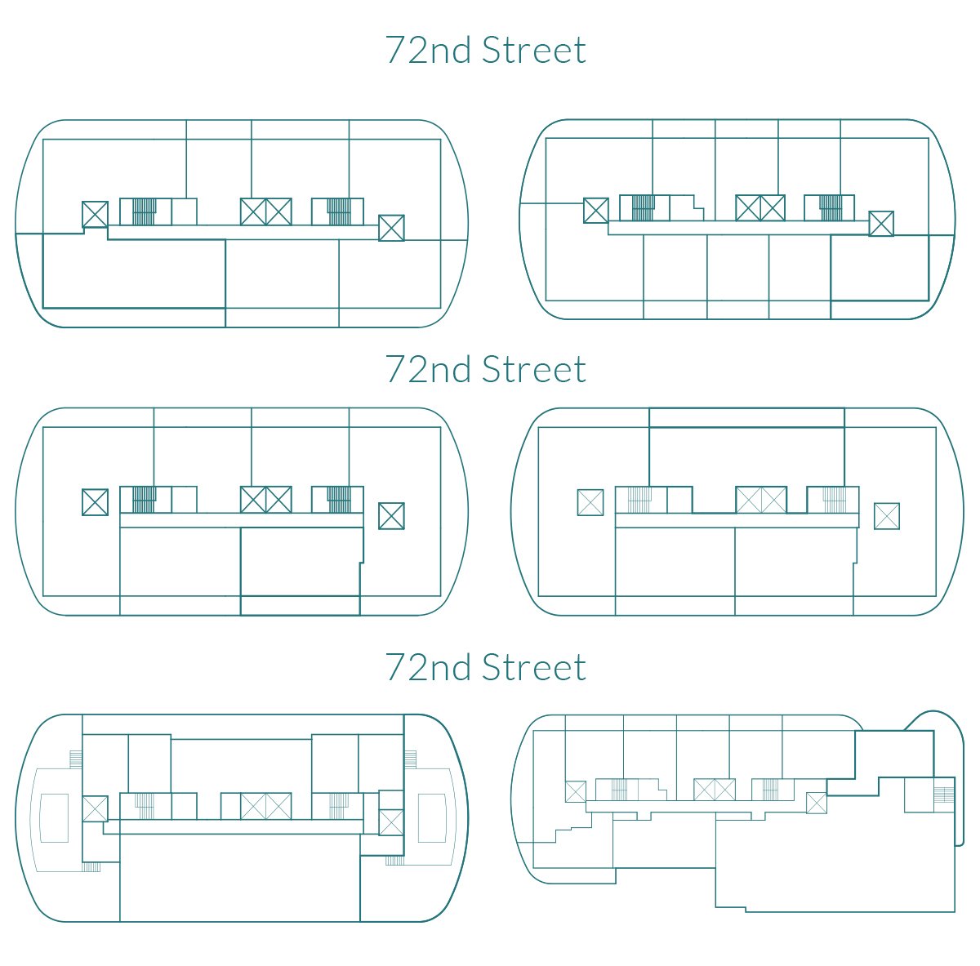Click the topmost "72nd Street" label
tap(486, 50)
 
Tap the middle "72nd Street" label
tap(486, 369)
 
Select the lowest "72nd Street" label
tap(486, 667)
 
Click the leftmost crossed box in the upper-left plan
tap(95, 214)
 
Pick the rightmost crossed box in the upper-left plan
tap(392, 227)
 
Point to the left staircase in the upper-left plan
tap(145, 211)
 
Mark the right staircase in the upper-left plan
tap(339, 211)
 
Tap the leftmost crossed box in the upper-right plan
tap(596, 211)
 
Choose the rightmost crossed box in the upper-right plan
tap(881, 224)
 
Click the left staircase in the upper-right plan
tap(643, 207)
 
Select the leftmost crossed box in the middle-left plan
tap(95, 502)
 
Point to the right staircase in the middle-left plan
tap(339, 500)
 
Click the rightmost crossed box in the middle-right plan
tap(887, 516)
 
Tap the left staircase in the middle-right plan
tap(639, 500)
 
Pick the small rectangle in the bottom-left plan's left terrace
tap(54, 818)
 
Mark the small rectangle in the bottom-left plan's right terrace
tap(432, 818)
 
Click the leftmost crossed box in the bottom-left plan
tap(95, 809)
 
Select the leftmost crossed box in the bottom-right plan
tap(576, 792)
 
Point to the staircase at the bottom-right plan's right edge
tap(944, 794)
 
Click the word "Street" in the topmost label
tap(534, 50)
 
